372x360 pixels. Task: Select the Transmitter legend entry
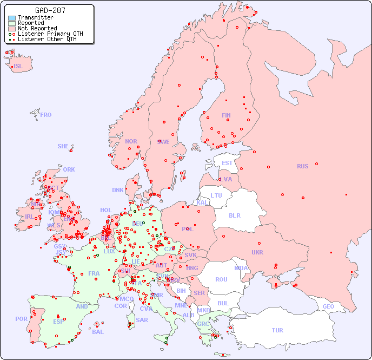35,18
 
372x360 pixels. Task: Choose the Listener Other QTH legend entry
47,39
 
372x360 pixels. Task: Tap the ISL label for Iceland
18,67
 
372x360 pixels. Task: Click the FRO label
46,115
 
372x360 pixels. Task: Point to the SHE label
63,146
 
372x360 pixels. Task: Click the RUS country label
302,166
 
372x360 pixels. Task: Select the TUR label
277,330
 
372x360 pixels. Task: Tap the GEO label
328,306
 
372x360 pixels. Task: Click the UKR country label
257,252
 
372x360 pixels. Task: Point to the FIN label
226,115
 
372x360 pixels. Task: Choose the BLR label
235,215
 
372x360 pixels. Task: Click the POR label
21,319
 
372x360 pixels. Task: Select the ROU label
222,279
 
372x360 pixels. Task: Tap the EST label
227,163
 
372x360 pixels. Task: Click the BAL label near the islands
98,332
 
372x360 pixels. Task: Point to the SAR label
142,320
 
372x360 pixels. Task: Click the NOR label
131,141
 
